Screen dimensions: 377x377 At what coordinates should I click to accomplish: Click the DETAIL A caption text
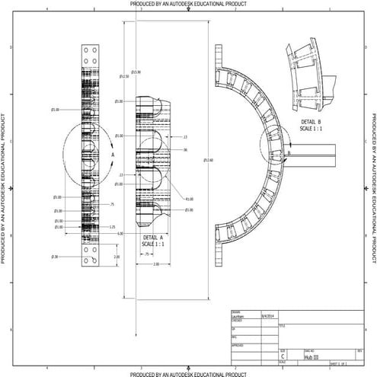[154, 237]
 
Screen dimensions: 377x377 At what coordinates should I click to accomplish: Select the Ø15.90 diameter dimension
[136, 72]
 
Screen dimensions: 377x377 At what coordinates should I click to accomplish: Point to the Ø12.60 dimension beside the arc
[208, 159]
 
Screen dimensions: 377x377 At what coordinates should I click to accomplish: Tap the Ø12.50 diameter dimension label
[124, 76]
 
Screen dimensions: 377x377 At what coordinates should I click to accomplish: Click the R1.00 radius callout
[189, 199]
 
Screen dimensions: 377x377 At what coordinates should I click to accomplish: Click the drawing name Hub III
[311, 356]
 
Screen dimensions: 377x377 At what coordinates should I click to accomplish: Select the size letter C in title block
[283, 356]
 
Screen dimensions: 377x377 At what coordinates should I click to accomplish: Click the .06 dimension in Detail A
[185, 150]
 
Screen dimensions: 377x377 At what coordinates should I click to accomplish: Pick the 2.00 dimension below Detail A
[155, 264]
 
